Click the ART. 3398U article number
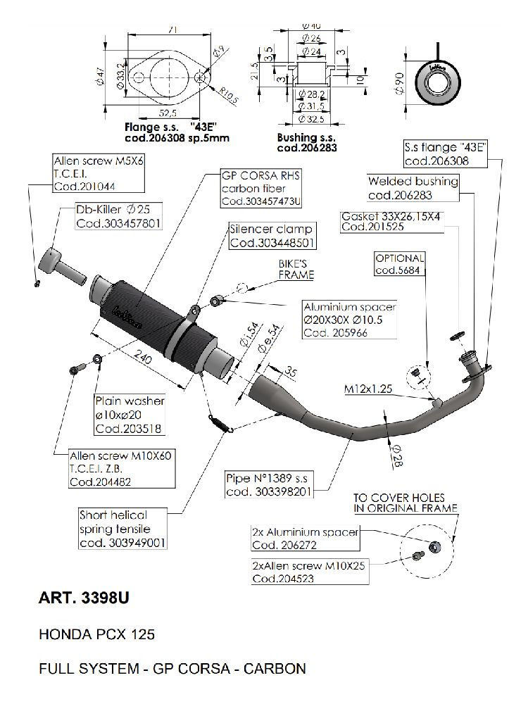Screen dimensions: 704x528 [x=84, y=600]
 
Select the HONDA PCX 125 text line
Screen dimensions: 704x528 [x=96, y=634]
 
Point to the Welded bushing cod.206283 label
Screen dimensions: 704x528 [x=413, y=188]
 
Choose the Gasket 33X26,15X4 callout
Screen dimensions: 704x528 [x=391, y=222]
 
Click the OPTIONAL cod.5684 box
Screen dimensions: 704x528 [x=399, y=264]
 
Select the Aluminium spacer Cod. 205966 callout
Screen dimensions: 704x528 [x=349, y=320]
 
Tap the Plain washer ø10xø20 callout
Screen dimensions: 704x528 [x=130, y=414]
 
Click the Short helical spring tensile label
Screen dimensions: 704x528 [x=123, y=529]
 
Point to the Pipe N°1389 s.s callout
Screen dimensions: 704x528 [x=277, y=484]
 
